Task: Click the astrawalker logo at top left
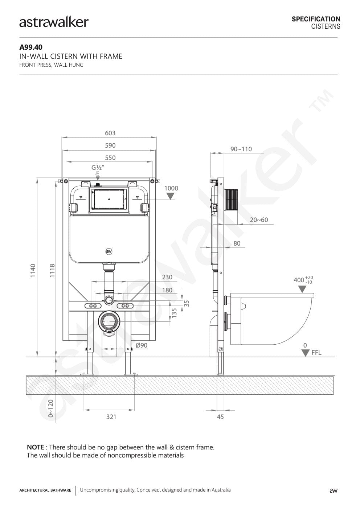[54, 22]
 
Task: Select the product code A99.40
[31, 47]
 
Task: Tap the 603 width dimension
[110, 133]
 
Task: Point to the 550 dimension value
[110, 158]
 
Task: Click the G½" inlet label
[98, 168]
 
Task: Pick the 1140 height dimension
[33, 271]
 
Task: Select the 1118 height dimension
[52, 271]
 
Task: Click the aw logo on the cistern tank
[109, 251]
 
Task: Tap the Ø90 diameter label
[142, 345]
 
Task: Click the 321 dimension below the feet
[111, 417]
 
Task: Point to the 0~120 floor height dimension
[51, 409]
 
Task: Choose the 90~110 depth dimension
[241, 149]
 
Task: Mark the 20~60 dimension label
[259, 220]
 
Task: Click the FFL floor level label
[316, 353]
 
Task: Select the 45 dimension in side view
[220, 417]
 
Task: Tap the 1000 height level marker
[171, 188]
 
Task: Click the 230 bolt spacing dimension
[167, 277]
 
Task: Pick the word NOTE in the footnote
[36, 447]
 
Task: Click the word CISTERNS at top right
[326, 26]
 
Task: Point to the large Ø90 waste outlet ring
[109, 321]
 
